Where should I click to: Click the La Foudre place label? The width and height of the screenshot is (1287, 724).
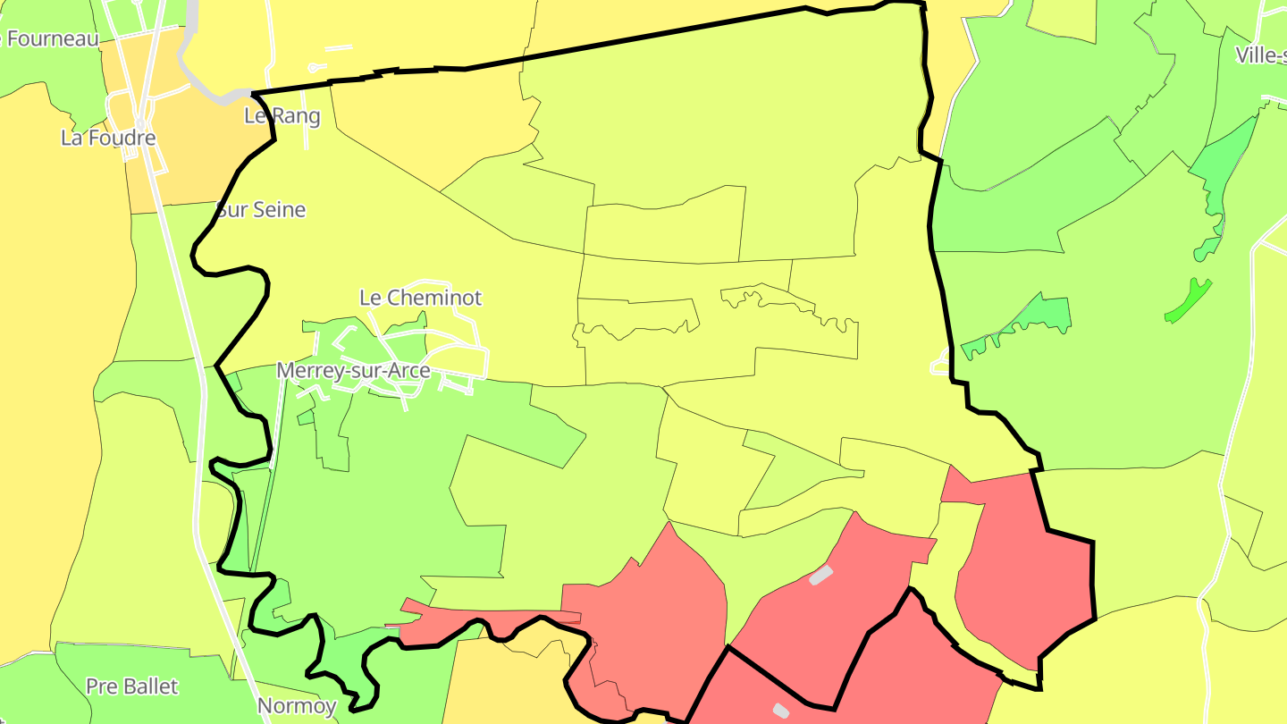click(108, 138)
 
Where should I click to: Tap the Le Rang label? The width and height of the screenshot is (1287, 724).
click(282, 115)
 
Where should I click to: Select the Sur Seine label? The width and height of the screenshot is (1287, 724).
click(261, 210)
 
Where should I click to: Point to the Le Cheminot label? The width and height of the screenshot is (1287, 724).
click(421, 297)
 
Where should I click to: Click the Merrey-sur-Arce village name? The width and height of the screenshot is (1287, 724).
click(353, 370)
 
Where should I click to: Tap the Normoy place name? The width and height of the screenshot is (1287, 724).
click(297, 706)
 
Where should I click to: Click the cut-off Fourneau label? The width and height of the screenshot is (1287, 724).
click(54, 38)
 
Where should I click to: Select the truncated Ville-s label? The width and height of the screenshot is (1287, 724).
click(1260, 55)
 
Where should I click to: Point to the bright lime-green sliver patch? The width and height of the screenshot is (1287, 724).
click(1189, 299)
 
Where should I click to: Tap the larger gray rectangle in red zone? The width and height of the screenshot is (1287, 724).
click(820, 575)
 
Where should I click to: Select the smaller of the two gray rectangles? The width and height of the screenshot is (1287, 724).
click(780, 711)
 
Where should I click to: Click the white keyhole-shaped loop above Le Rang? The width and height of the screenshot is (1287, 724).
click(314, 67)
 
